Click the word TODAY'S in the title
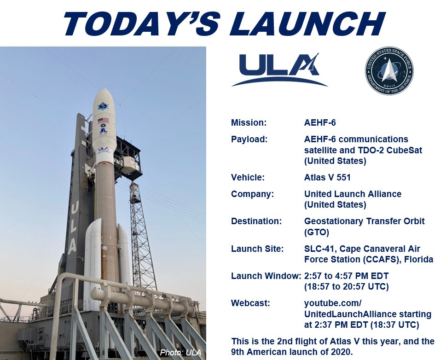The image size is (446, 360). (x=141, y=23)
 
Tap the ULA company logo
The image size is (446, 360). (x=279, y=70)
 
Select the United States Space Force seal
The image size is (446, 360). (x=389, y=70)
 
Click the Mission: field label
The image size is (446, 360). (x=249, y=122)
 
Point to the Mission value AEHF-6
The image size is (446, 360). (x=320, y=122)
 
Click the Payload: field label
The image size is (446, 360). (x=249, y=139)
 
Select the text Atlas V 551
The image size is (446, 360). (x=327, y=178)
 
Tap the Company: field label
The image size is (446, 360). (x=252, y=194)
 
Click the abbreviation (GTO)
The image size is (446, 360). (x=316, y=232)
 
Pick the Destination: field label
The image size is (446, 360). (x=256, y=221)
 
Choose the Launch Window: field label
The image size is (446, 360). (x=266, y=276)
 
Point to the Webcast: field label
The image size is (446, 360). (x=250, y=303)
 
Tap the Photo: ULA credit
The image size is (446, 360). (x=180, y=353)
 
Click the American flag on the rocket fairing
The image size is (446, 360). (x=104, y=120)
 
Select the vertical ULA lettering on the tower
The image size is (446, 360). (x=72, y=227)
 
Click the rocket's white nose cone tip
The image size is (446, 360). (x=104, y=89)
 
